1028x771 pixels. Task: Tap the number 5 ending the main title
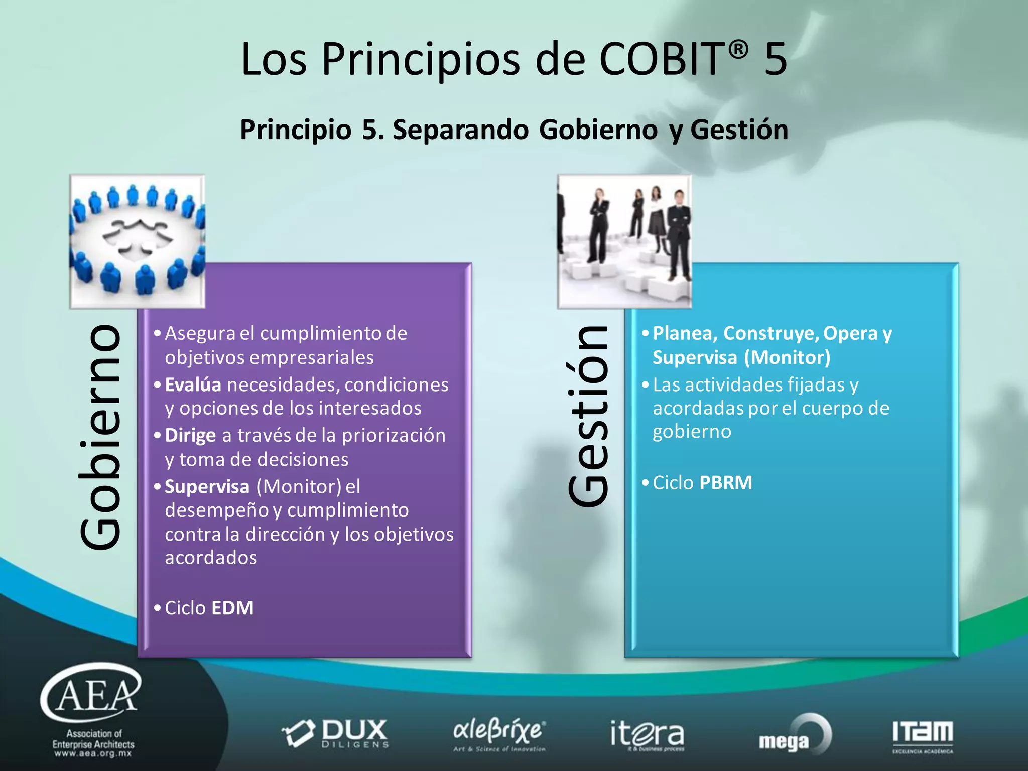[776, 59]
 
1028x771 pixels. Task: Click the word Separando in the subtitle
[460, 130]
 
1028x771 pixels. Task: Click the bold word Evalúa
[193, 385]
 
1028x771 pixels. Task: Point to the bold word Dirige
[190, 436]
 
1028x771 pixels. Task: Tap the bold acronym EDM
[232, 608]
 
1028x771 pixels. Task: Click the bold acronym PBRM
[725, 483]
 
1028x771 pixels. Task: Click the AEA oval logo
[91, 693]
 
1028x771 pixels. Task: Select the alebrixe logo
[499, 734]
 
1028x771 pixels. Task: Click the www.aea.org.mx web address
[93, 753]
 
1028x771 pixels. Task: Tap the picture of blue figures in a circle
[138, 241]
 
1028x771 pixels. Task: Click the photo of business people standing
[624, 241]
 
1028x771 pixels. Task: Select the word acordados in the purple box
[211, 558]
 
